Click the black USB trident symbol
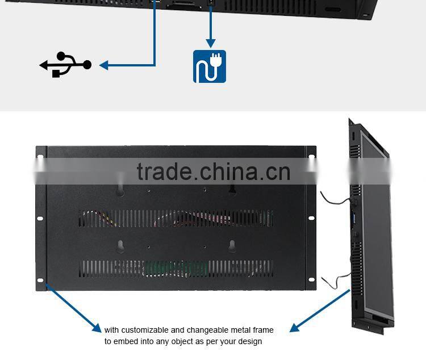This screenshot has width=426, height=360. (65, 65)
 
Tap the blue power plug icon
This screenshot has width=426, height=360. (210, 66)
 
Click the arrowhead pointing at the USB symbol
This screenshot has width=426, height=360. (104, 65)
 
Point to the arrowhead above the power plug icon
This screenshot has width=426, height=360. (211, 43)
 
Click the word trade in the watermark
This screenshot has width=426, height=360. (165, 171)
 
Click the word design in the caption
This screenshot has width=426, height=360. (250, 341)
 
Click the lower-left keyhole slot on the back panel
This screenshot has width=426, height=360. (120, 245)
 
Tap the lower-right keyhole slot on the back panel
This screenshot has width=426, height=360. (232, 245)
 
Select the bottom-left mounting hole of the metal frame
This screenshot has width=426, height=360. (40, 279)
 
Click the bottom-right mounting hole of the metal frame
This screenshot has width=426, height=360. (311, 279)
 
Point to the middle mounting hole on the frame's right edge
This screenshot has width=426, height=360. (311, 218)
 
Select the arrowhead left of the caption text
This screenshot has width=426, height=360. (98, 328)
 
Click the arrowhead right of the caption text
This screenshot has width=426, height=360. (294, 328)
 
